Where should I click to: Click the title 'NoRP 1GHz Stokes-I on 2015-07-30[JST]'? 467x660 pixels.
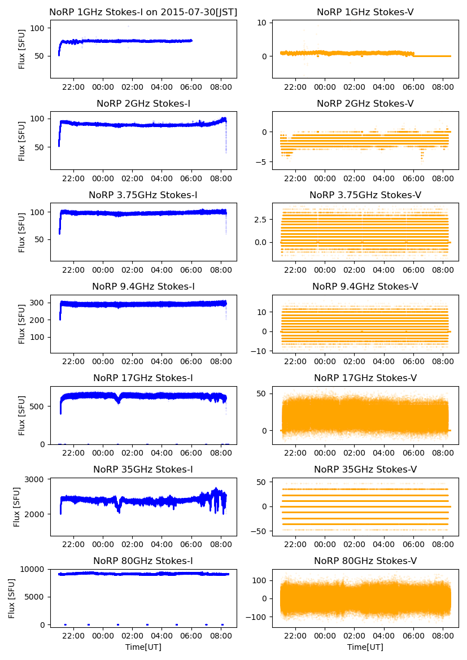(x=143, y=12)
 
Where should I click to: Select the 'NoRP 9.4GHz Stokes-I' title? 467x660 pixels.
(x=143, y=287)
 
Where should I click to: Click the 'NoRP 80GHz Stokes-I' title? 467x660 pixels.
(x=143, y=561)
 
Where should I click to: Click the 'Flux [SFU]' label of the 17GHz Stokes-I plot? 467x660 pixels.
(x=22, y=416)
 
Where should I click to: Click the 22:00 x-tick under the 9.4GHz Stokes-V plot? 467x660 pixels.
(x=295, y=361)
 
